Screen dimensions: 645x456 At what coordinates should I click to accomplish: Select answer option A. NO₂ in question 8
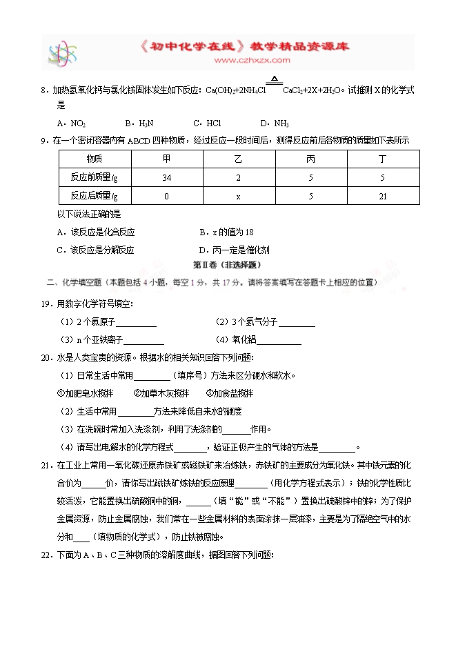point(72,123)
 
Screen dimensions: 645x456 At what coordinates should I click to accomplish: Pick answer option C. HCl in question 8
point(208,123)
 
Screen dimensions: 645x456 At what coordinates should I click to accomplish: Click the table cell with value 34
point(166,177)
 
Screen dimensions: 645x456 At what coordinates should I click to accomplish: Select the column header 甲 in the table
point(166,159)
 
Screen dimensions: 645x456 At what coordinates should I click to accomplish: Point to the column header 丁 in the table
point(382,159)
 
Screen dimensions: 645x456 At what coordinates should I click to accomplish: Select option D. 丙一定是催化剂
point(234,250)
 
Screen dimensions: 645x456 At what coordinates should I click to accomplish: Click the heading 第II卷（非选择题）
point(226,265)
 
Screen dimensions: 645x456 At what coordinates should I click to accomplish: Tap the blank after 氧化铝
point(279,340)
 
